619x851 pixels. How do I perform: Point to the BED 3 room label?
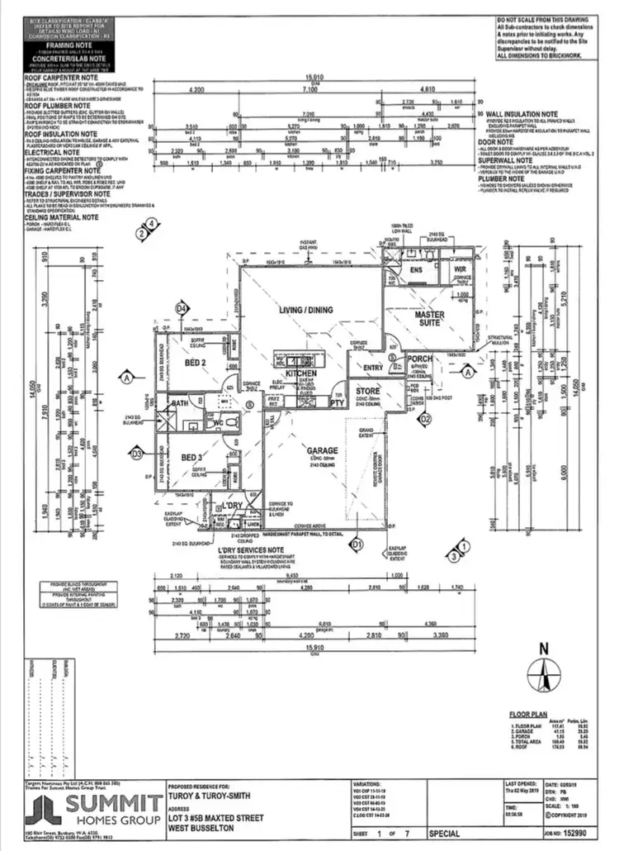click(x=193, y=458)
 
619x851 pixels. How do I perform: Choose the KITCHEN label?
click(x=302, y=375)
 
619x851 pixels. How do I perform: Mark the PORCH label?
click(x=420, y=359)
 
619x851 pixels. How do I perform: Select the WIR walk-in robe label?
click(x=458, y=269)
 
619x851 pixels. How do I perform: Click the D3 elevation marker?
click(x=137, y=453)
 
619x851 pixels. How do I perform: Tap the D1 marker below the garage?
click(x=357, y=544)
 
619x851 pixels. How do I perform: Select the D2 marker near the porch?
click(x=426, y=419)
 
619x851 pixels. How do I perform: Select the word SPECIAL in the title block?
click(x=443, y=834)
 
